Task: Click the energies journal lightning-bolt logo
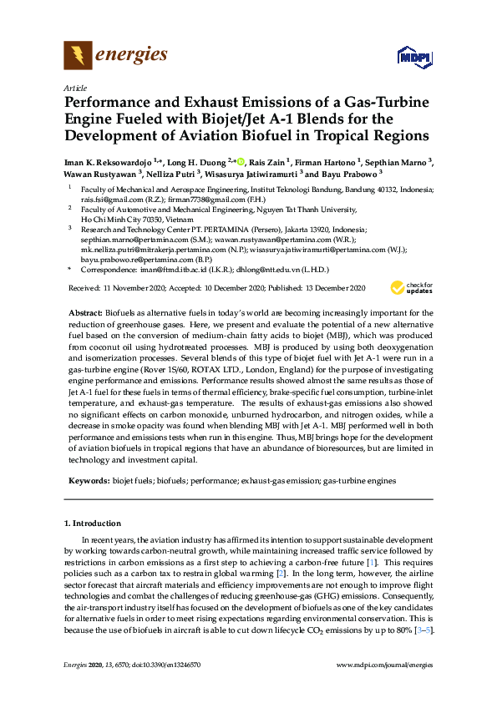point(78,56)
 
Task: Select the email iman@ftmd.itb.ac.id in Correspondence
point(173,271)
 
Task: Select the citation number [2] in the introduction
point(282,574)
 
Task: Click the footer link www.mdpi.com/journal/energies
point(383,665)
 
